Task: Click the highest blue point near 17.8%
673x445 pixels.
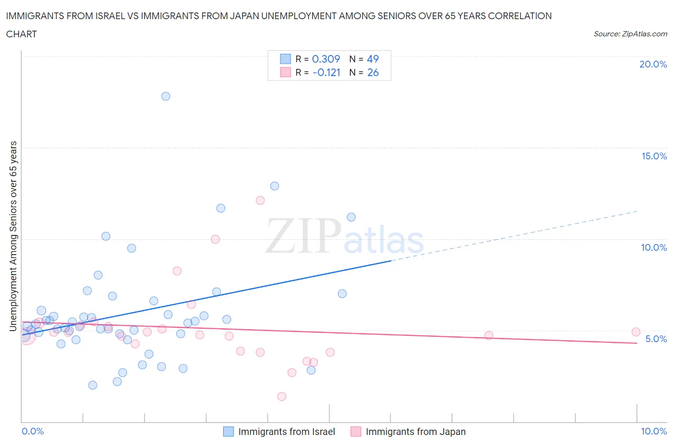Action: [166, 96]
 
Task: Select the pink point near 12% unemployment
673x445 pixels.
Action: [260, 200]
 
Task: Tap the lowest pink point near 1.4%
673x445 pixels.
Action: [282, 397]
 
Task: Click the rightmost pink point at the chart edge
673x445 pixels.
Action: [636, 332]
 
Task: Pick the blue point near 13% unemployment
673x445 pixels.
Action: [275, 186]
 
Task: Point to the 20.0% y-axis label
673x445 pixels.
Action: [653, 65]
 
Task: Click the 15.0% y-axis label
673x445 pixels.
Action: [654, 156]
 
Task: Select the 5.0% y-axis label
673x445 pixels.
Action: [656, 339]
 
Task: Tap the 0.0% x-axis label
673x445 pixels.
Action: [33, 432]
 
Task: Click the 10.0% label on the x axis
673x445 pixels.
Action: [654, 432]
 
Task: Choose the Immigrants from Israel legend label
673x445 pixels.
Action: [287, 432]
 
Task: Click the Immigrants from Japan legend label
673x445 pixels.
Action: [415, 432]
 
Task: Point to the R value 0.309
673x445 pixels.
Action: [326, 59]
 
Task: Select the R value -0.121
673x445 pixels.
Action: [326, 73]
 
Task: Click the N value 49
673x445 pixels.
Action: [373, 59]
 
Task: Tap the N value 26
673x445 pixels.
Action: [373, 73]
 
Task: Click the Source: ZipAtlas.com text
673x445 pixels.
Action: [630, 34]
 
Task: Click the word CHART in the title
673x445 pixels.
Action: [22, 34]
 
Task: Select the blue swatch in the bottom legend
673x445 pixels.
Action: [229, 432]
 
